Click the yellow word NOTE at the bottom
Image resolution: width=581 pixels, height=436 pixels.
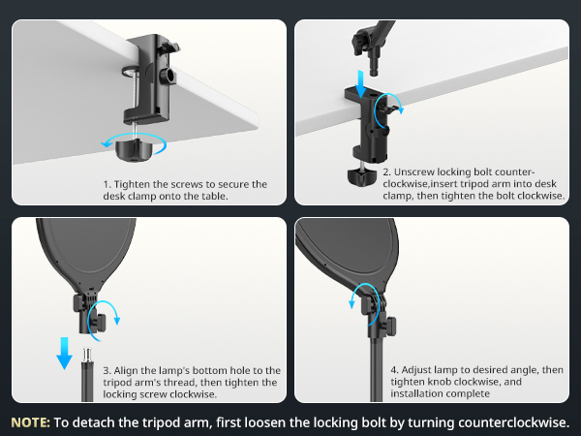click(x=30, y=422)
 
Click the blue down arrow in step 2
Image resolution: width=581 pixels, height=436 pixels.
click(x=360, y=84)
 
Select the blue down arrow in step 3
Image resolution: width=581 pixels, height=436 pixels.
click(x=64, y=354)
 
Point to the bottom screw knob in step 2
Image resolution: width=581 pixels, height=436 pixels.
click(x=362, y=176)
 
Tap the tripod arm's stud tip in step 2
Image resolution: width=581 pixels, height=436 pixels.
click(x=374, y=70)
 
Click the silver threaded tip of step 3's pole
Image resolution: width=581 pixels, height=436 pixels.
click(x=87, y=356)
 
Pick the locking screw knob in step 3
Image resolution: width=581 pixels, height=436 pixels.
click(x=100, y=323)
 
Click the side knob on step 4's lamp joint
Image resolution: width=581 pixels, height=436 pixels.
click(x=391, y=327)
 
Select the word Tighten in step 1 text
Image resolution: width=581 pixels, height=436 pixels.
click(x=131, y=184)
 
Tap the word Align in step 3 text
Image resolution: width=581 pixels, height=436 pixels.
click(x=126, y=370)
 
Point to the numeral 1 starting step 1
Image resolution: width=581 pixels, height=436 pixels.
click(x=106, y=184)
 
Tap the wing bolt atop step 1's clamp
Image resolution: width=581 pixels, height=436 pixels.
click(x=168, y=47)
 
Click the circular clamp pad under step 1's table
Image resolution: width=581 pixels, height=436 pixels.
click(x=130, y=71)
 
